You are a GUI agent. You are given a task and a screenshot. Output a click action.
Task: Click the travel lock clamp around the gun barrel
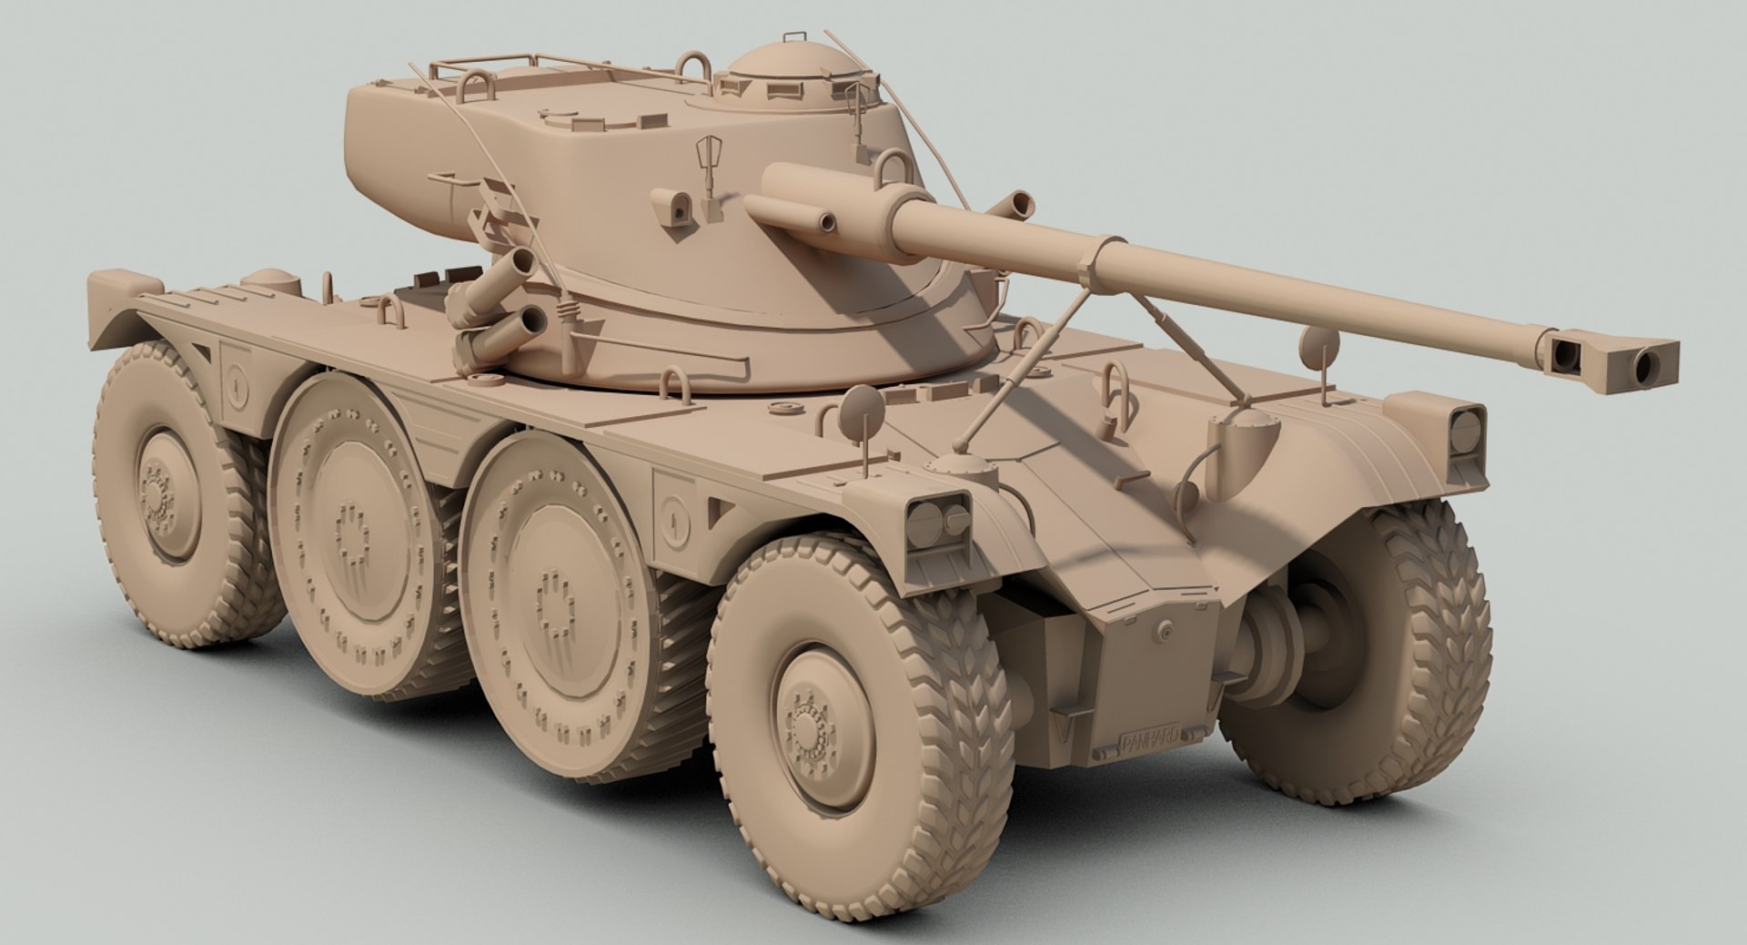click(1092, 259)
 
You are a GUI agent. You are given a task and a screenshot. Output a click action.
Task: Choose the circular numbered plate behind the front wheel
click(673, 521)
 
